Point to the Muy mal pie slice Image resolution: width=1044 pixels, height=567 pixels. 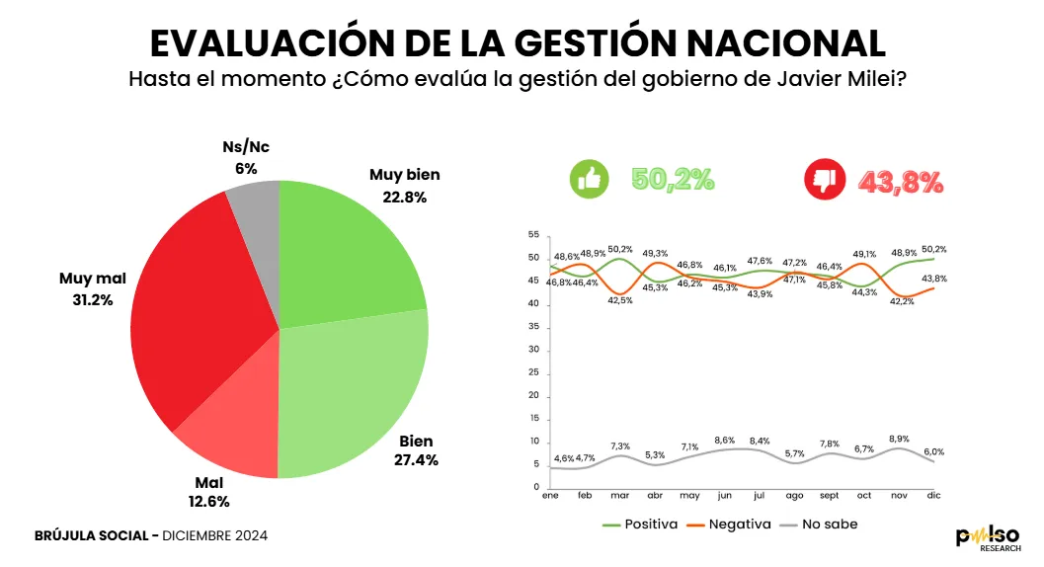[x=198, y=316]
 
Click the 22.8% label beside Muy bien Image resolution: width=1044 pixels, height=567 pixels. [x=405, y=197]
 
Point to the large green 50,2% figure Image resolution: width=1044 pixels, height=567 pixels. [x=673, y=180]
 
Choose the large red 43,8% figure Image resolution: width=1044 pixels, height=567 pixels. [x=901, y=182]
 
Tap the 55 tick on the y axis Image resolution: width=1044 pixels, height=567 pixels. [x=533, y=235]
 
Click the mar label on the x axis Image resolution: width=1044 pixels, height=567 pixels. [x=620, y=496]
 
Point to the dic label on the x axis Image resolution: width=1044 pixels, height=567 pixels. [x=933, y=496]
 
